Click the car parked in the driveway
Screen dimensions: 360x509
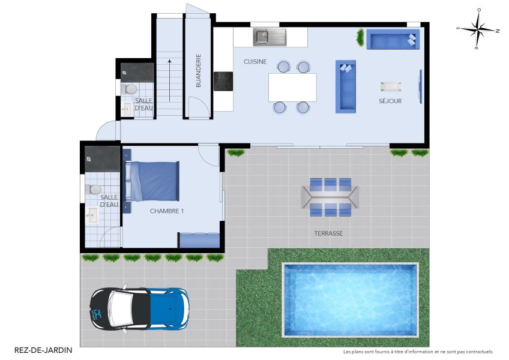139,308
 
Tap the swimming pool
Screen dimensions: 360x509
350,299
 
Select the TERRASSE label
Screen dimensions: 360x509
328,233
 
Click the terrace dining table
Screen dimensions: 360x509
330,196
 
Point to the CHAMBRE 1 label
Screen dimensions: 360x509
167,211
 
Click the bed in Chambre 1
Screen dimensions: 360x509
154,181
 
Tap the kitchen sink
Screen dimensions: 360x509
270,37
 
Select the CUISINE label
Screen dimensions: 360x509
255,62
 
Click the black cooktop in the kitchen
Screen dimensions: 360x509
223,81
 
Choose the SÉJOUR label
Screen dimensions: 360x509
390,101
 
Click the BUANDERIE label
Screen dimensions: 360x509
198,71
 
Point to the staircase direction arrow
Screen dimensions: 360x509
170,74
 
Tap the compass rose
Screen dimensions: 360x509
478,29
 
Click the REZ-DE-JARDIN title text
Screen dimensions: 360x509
43,350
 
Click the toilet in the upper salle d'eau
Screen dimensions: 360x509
129,89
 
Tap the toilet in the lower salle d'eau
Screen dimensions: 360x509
94,190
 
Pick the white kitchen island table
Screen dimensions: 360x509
292,88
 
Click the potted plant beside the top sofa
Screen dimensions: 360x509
360,38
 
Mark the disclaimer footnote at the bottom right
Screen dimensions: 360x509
418,352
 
